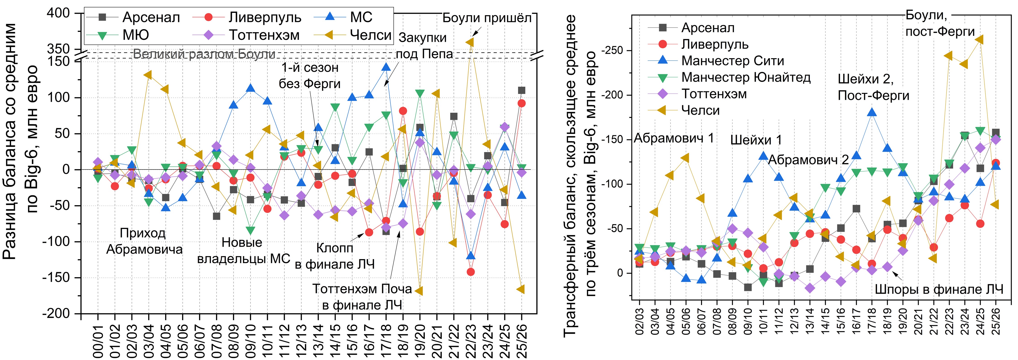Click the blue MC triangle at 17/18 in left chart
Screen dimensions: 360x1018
(x=386, y=67)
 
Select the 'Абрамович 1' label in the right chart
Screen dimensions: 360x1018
(x=674, y=138)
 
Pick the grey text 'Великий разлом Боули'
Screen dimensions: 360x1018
(x=204, y=54)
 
